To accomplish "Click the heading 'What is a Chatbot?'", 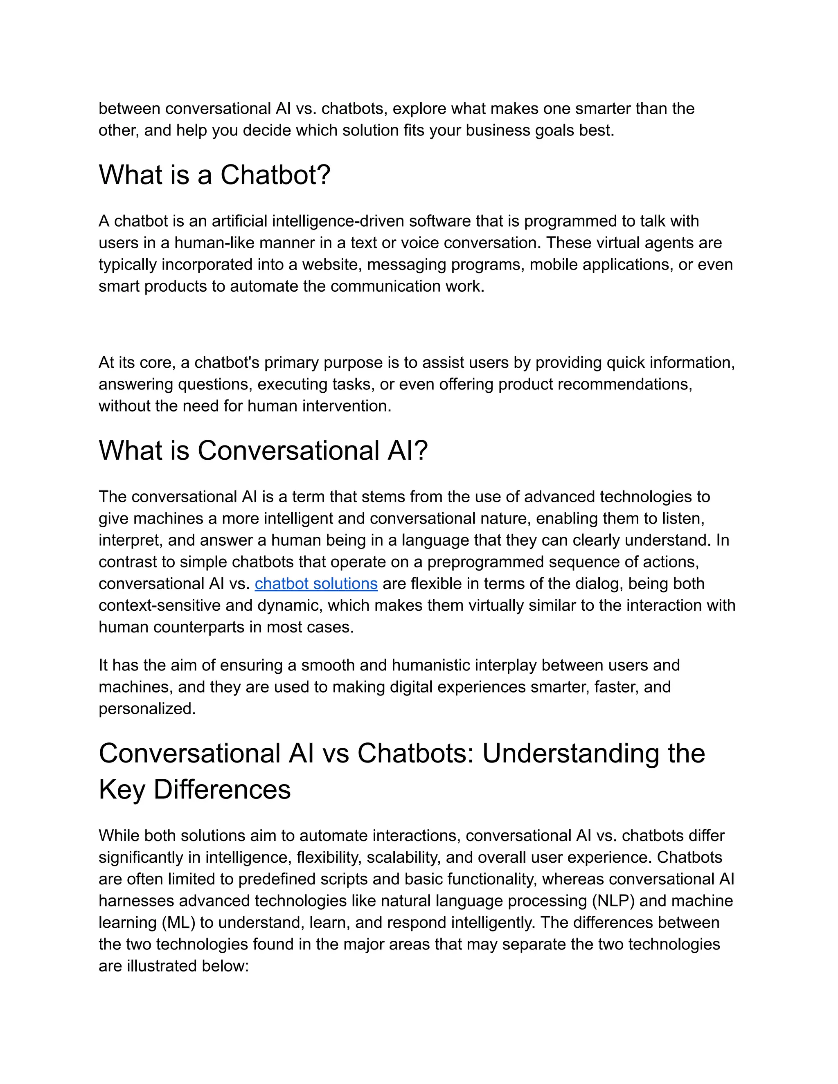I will [214, 175].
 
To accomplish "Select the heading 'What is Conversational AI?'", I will [263, 451].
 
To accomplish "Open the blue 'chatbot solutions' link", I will [316, 584].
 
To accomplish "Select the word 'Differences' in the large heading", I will [222, 789].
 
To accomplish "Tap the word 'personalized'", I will [147, 709].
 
